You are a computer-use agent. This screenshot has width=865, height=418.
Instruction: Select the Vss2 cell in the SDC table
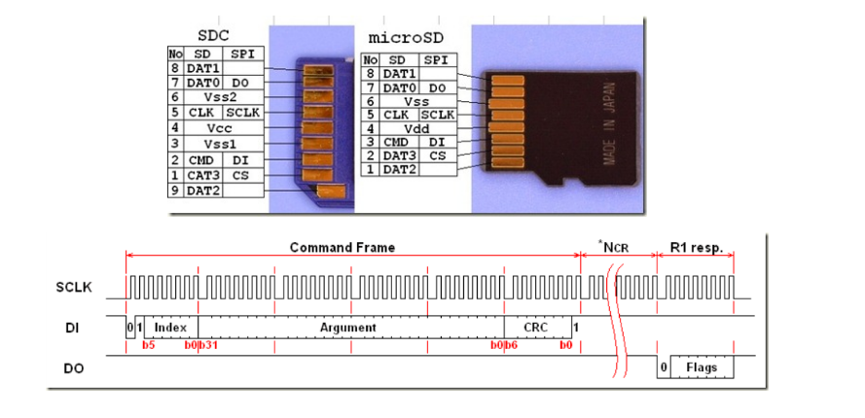[217, 98]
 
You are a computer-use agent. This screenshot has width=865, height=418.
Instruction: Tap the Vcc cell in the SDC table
[217, 128]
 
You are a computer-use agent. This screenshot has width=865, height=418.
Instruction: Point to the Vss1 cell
[217, 144]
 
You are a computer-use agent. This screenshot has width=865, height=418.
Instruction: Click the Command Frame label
[342, 248]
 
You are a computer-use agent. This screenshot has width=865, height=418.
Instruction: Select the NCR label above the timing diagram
[615, 248]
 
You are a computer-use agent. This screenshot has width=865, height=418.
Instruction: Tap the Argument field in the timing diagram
[348, 328]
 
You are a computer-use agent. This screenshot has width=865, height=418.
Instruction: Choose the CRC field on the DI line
[536, 328]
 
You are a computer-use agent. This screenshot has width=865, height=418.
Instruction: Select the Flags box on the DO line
[702, 368]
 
